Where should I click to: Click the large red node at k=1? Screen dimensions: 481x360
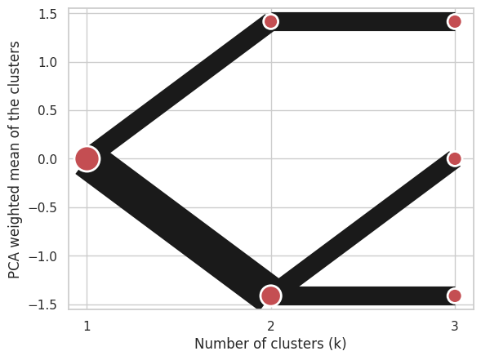tap(87, 159)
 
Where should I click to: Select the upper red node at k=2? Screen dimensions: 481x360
tap(270, 21)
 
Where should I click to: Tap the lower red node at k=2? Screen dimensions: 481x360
tap(270, 296)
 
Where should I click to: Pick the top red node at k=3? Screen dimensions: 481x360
tap(455, 21)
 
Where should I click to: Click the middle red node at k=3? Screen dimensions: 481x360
tap(455, 159)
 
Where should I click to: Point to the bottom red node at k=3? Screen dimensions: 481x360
tap(455, 296)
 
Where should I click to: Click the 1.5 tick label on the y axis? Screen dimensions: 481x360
tap(47, 14)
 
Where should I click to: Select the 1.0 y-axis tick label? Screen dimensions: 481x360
tap(47, 63)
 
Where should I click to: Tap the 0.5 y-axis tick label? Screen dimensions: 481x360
tap(47, 111)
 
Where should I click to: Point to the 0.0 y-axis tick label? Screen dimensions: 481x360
tap(47, 159)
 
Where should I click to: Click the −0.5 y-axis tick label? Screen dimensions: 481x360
tap(43, 208)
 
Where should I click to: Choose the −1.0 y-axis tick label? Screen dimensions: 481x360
tap(43, 256)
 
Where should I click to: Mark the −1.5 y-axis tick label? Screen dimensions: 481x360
tap(43, 305)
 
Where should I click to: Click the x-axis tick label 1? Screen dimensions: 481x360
tap(87, 326)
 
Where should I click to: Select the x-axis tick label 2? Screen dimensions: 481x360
tap(270, 326)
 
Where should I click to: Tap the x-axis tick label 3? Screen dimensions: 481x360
tap(455, 326)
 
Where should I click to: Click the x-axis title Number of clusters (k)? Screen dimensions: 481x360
tap(270, 344)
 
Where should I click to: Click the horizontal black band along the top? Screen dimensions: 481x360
tap(363, 21)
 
